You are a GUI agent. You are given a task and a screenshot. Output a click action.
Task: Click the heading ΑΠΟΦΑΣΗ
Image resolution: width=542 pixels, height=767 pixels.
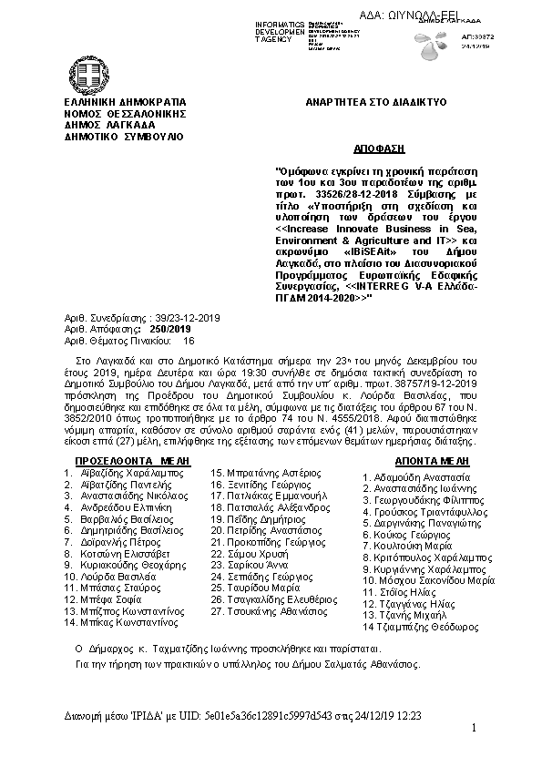[377, 148]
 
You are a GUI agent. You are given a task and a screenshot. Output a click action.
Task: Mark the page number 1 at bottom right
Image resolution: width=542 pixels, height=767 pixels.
[475, 727]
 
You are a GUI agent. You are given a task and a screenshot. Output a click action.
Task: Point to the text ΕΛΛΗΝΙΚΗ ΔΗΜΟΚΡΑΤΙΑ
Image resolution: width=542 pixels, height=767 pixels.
[124, 103]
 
